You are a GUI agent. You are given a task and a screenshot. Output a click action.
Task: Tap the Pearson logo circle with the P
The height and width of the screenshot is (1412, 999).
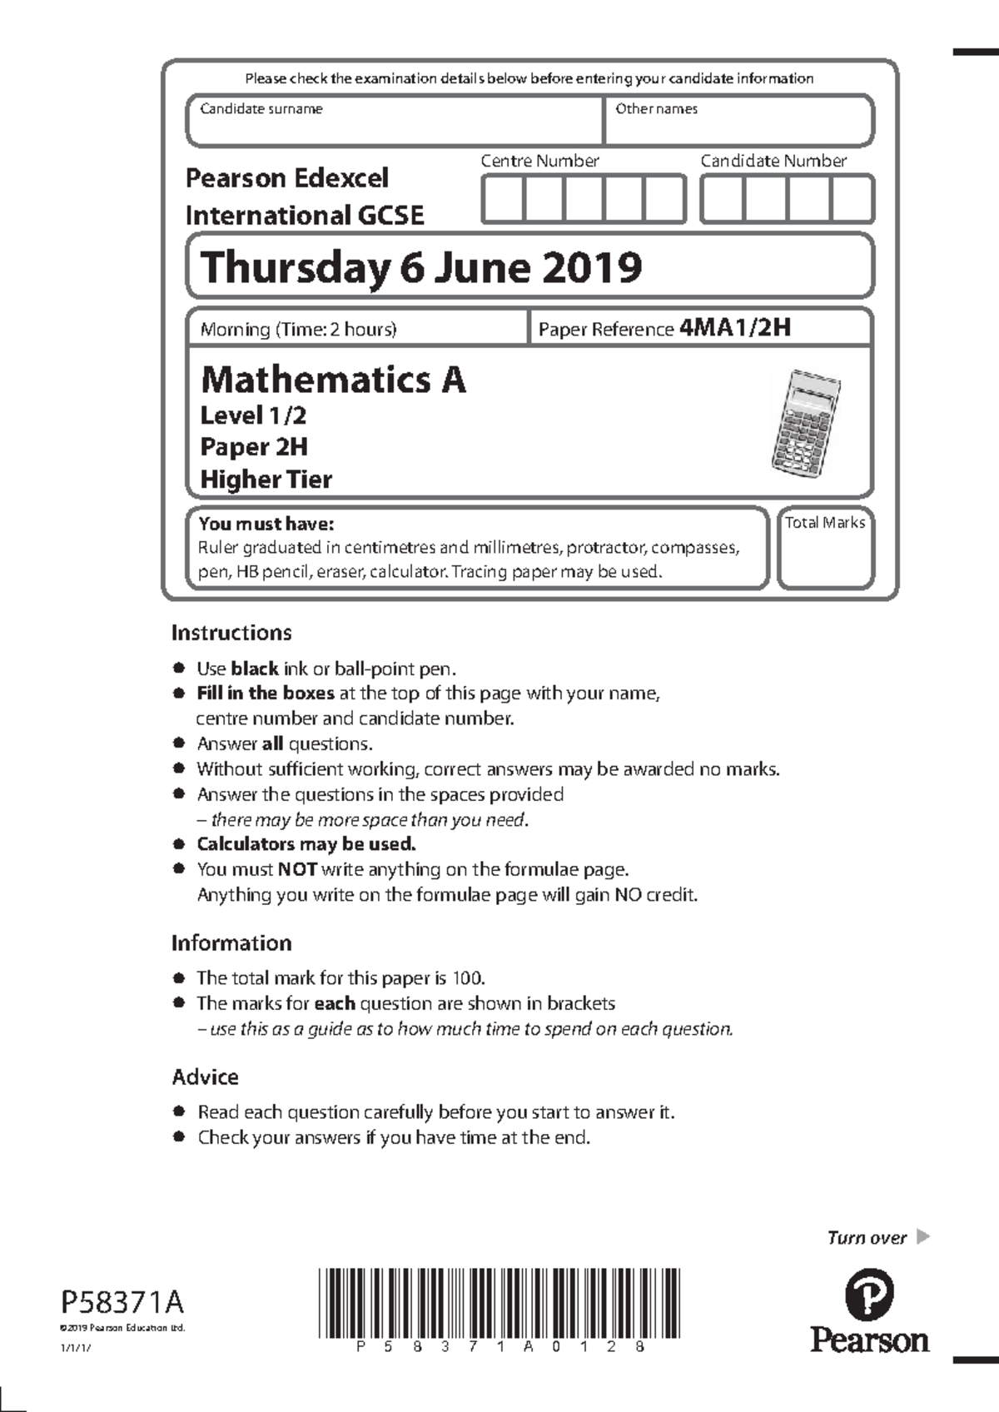(869, 1297)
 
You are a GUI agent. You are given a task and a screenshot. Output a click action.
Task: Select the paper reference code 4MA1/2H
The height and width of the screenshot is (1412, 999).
(734, 327)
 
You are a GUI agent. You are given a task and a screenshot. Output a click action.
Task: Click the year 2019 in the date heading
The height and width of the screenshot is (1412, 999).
(592, 268)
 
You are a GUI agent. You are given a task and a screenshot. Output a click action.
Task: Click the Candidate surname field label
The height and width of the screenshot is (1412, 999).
(261, 109)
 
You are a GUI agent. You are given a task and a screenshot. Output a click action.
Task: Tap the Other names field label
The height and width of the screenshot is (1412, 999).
(656, 109)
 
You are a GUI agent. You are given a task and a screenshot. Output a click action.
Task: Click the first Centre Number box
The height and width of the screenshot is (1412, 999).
(503, 200)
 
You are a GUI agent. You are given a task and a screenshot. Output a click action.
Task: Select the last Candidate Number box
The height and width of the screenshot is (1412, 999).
(852, 200)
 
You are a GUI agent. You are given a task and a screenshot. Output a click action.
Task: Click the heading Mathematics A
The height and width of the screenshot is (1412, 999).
(333, 380)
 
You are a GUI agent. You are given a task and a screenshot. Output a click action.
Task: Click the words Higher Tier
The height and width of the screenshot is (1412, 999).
(266, 480)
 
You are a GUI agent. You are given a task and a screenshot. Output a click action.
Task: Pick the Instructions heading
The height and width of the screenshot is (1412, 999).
(231, 633)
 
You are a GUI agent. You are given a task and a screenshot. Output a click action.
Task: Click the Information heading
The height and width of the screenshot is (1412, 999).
(231, 943)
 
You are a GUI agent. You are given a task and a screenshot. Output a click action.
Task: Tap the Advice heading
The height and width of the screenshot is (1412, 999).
(205, 1077)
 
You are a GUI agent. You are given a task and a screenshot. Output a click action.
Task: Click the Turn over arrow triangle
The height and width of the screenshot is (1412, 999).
(922, 1236)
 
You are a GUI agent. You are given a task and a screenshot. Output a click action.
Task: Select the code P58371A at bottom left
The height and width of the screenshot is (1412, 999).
(122, 1301)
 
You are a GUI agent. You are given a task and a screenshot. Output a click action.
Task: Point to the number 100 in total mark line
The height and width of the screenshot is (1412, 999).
(467, 978)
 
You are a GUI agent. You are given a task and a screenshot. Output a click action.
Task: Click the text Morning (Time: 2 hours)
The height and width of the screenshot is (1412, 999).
(298, 330)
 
